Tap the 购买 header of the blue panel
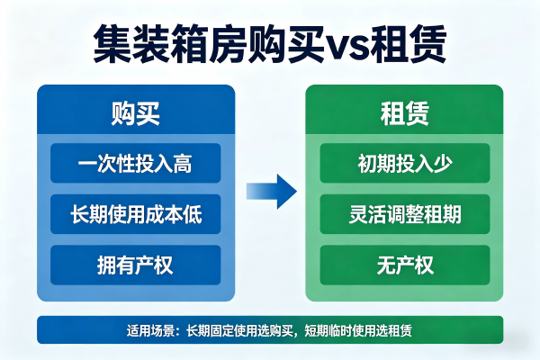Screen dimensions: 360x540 click(x=135, y=114)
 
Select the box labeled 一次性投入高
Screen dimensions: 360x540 click(x=135, y=165)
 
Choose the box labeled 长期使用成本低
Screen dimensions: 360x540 click(x=135, y=215)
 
